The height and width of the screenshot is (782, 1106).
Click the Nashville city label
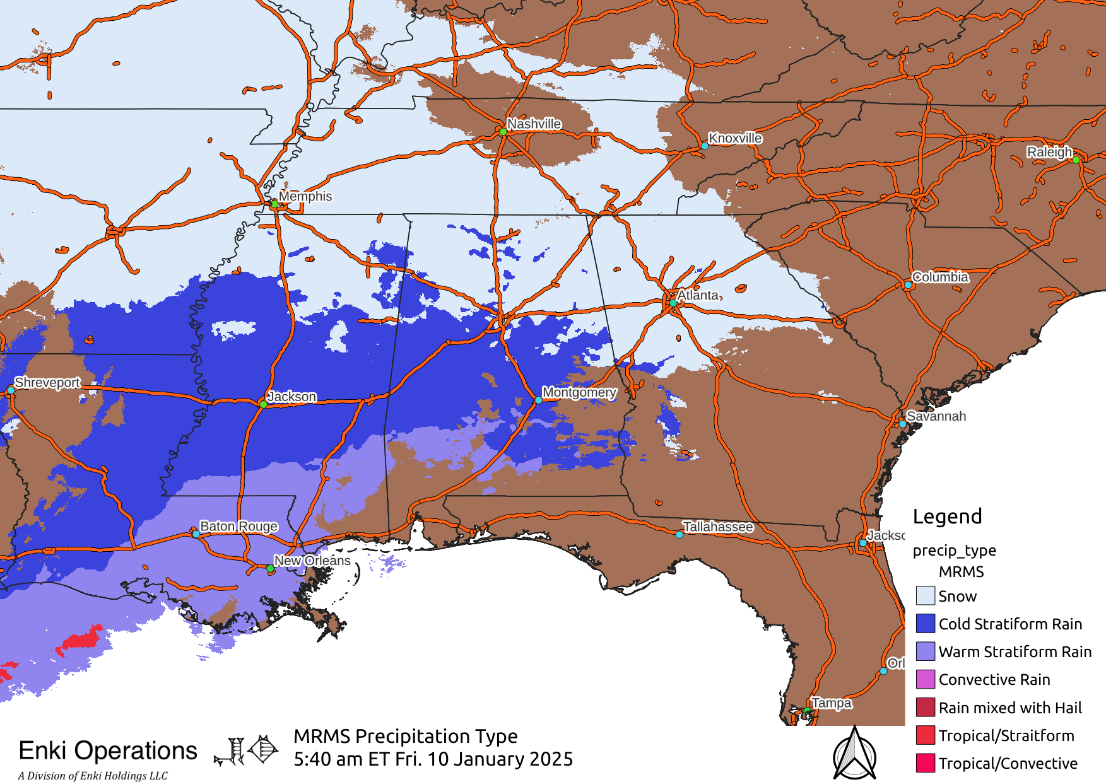click(534, 124)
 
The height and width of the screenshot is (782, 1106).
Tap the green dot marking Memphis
click(274, 204)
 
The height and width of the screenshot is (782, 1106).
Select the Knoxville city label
click(735, 138)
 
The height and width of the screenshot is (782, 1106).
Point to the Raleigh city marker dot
click(1076, 160)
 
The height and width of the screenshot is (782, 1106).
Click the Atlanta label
click(698, 295)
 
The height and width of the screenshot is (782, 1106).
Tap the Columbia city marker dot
click(908, 285)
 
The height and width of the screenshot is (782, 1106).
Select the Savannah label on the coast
click(936, 416)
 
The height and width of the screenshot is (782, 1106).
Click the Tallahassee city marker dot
click(679, 534)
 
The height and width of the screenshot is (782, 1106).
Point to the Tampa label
click(832, 703)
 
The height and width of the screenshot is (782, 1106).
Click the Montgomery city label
click(579, 392)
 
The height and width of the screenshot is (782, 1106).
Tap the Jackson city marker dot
click(263, 404)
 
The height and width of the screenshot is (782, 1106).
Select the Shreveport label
click(47, 382)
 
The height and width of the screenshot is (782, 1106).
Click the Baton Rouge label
click(238, 526)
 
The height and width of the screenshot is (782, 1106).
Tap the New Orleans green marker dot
click(270, 569)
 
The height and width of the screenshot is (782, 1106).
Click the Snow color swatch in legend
click(925, 595)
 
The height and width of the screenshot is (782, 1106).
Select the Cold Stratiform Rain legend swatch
click(925, 623)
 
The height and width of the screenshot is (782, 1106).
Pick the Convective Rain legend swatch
click(925, 679)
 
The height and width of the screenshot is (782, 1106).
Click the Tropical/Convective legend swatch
click(925, 763)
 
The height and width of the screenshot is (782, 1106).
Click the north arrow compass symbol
click(854, 754)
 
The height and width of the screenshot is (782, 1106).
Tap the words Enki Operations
click(108, 750)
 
